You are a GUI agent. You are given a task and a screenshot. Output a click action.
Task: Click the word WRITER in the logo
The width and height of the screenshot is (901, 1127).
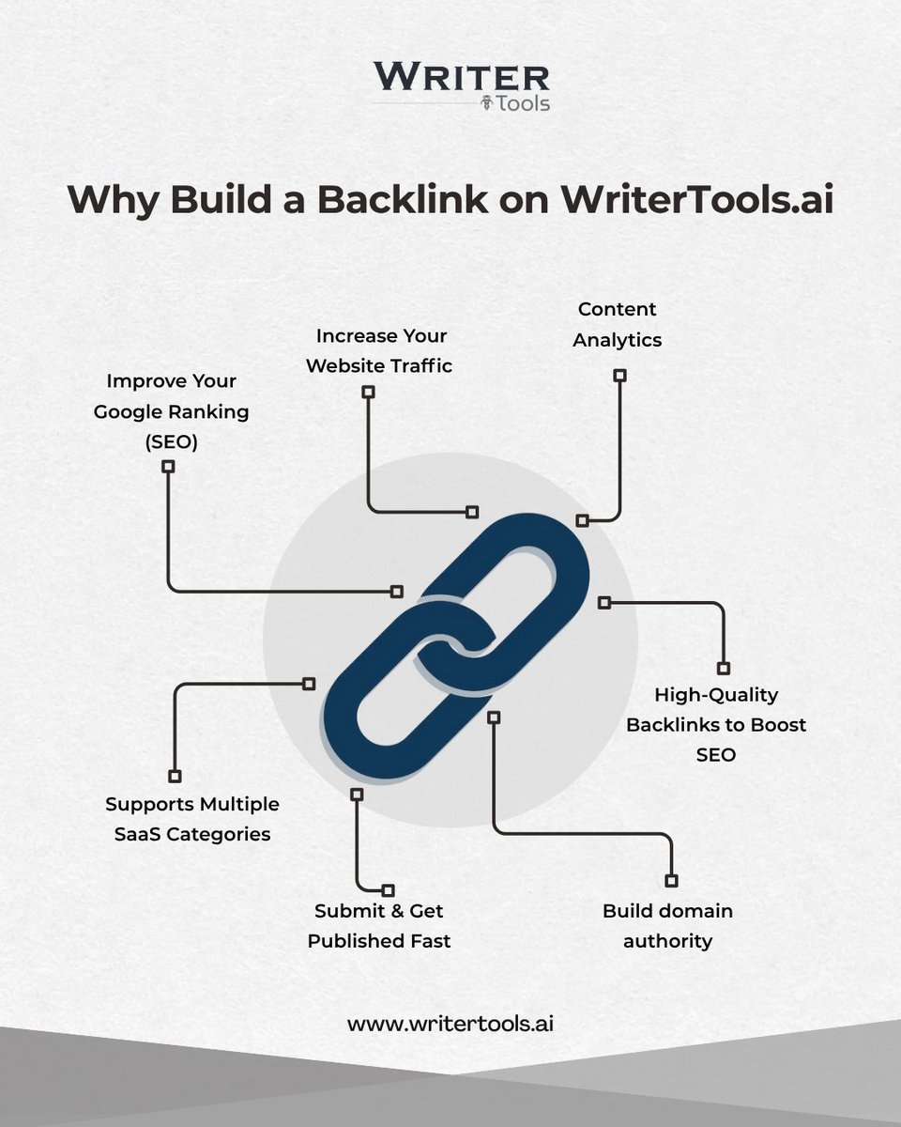pos(461,76)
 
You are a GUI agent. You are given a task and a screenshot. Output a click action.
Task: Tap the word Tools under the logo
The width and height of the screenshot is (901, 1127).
pos(524,102)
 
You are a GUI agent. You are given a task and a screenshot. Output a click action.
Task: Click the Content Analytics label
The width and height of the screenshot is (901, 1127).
pos(617,324)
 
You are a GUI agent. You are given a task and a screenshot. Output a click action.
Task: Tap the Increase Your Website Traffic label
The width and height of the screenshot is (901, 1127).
pos(379,350)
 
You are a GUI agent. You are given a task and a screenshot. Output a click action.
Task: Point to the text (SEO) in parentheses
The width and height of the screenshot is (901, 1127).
pos(171,441)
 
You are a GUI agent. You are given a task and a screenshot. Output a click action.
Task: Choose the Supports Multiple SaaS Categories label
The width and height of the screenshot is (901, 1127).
pos(191,819)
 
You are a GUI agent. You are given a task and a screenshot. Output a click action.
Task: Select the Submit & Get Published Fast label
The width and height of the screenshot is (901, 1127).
pos(379,925)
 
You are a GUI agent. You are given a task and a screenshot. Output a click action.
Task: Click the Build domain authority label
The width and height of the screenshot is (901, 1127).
pos(667,925)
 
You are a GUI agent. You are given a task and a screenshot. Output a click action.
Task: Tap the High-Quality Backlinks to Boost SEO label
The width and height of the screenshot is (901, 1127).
pos(716,724)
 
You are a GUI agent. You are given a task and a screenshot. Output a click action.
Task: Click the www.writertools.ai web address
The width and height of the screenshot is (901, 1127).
pos(450,1023)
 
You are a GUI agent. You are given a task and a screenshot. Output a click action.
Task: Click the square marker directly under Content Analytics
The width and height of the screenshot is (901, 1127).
pos(619,375)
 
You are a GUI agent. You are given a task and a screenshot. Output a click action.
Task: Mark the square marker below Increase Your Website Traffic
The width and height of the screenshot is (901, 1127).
pos(368,392)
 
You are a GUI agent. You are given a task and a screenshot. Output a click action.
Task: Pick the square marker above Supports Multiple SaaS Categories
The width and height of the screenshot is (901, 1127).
pos(175,776)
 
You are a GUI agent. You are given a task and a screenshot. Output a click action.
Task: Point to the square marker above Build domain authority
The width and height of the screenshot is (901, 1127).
pos(671,881)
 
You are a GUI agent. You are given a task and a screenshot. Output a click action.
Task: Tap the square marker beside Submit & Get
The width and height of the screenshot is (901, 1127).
pos(388,890)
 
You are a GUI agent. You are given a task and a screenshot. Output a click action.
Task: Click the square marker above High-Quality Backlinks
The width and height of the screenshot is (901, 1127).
pos(723,668)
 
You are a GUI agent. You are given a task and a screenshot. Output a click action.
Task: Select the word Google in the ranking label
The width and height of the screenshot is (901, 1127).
pos(130,411)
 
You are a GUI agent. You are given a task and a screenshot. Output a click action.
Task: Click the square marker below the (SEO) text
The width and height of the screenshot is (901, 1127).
pos(168,466)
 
